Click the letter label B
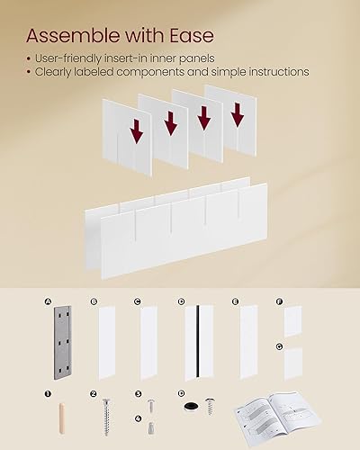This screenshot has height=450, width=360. click(92, 302)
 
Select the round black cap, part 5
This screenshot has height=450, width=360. click(189, 406)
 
